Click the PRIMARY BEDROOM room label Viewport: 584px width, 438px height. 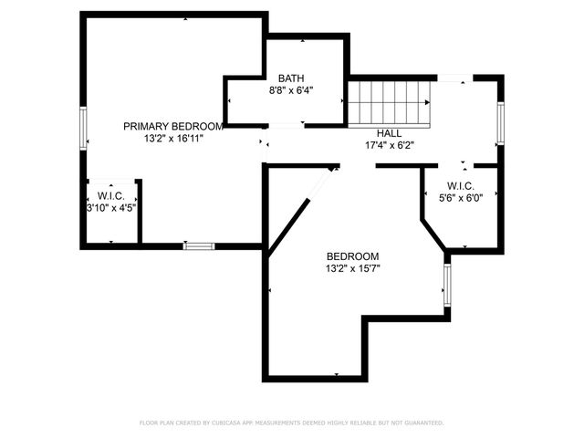173,126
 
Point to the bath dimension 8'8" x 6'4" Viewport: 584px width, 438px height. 291,91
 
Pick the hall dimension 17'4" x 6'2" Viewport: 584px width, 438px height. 390,145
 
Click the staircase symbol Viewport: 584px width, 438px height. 391,102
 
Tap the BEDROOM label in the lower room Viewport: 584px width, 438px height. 352,256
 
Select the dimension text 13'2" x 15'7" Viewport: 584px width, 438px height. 352,269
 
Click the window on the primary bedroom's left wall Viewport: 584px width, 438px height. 84,128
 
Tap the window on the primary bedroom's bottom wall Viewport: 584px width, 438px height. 198,245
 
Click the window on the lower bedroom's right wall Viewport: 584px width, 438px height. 447,286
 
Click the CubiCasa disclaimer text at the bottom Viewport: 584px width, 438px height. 291,423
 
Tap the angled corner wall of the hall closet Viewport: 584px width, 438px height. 433,232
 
